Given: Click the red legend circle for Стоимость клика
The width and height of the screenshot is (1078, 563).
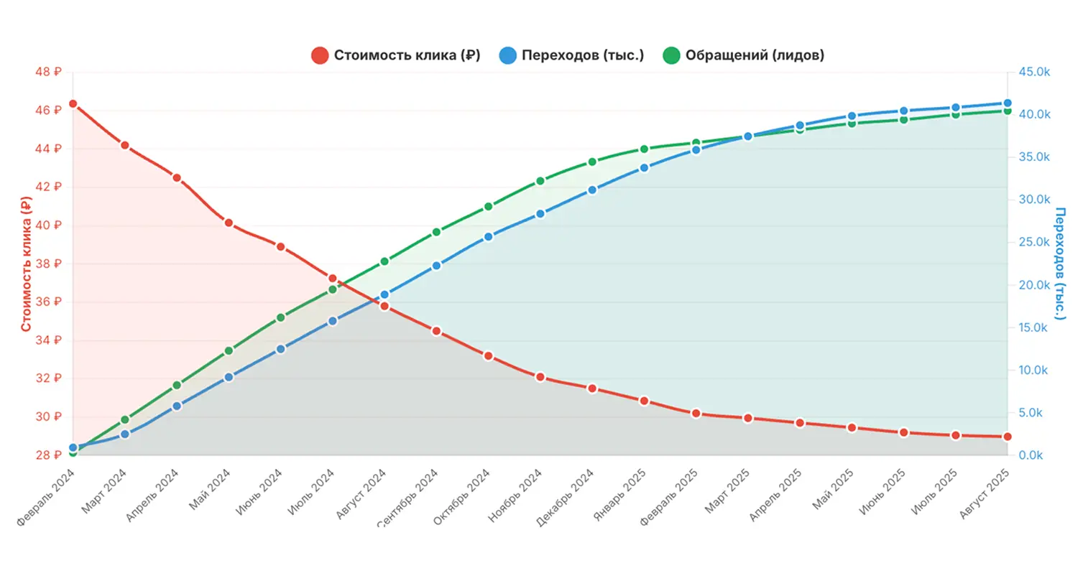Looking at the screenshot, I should (320, 55).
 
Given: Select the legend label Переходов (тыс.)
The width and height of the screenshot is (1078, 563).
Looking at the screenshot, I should (582, 55).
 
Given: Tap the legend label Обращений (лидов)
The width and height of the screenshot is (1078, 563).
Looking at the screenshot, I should (754, 55).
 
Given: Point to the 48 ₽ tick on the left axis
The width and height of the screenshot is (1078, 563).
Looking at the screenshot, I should (49, 72).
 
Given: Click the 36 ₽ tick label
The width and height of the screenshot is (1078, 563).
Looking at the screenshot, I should (49, 302).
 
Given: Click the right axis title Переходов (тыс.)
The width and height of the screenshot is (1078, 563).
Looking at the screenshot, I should (1060, 264).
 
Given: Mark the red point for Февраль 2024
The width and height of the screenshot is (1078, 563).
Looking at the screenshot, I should (73, 104).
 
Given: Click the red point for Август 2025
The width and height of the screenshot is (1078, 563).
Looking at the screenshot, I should (1007, 437).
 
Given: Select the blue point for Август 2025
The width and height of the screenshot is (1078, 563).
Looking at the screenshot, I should (1007, 103).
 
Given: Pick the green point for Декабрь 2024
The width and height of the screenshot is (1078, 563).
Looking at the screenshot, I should (592, 162).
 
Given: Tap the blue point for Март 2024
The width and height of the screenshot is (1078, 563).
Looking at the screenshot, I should (125, 434).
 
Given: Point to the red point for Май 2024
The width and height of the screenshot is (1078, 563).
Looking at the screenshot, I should (229, 223).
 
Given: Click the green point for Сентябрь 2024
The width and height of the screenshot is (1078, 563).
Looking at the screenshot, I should (436, 232).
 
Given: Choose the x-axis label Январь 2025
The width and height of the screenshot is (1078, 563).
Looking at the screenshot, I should (621, 495).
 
